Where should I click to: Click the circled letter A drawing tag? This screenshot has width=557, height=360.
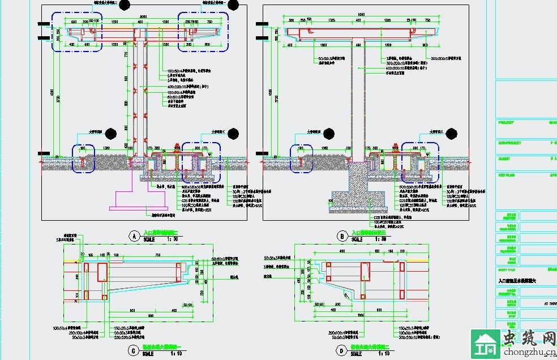[134, 235]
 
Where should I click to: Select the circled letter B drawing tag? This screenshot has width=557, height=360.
[341, 235]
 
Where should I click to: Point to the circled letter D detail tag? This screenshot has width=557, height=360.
[341, 351]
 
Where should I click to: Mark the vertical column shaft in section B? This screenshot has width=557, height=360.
[358, 102]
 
